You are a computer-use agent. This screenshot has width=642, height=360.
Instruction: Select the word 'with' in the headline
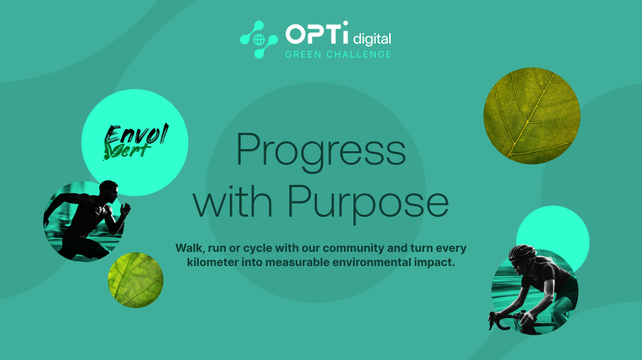point(232,200)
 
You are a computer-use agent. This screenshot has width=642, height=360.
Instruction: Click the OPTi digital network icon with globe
point(259,40)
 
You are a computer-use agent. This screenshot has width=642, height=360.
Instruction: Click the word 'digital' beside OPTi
point(372,38)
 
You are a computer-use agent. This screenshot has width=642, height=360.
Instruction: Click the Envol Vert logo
point(136,142)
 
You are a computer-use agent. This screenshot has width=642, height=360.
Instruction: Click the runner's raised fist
point(125,209)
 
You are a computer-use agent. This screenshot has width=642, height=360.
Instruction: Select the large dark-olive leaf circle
point(532,115)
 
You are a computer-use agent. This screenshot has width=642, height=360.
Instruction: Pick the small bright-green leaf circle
point(136,280)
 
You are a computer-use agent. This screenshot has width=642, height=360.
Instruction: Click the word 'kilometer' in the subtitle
point(213,262)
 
